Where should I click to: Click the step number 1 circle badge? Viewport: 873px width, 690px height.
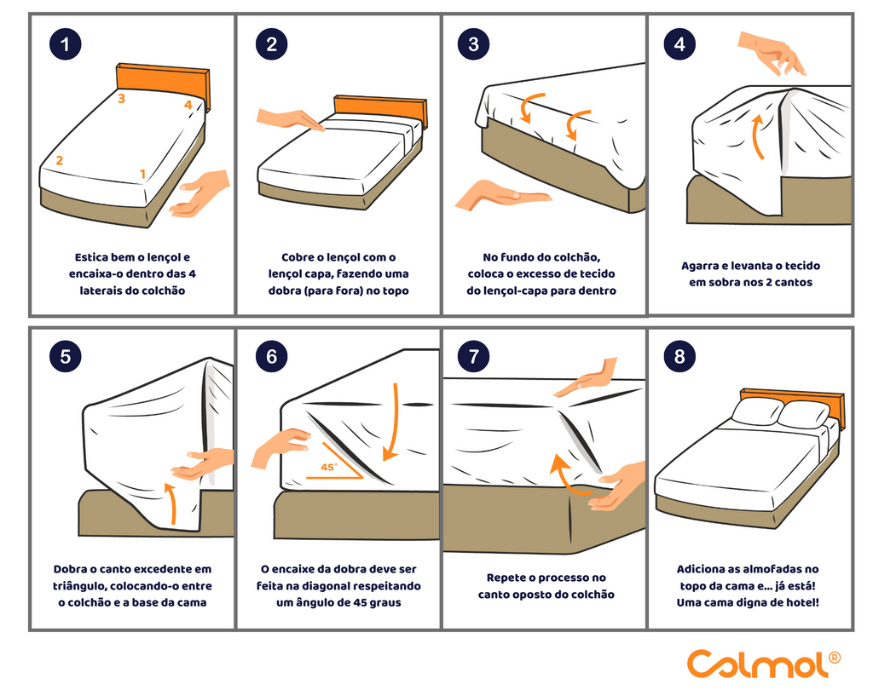pos(65,44)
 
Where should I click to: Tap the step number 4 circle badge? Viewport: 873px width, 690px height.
pos(679,44)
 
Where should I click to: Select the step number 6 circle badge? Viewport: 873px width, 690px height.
pos(271,356)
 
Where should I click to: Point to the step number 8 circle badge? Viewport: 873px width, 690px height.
pos(679,356)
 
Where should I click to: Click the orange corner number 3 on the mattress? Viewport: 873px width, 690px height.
pos(121,99)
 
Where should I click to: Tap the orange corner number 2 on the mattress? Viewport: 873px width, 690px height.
pos(59,160)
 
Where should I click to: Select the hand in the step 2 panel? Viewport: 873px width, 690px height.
pos(291,119)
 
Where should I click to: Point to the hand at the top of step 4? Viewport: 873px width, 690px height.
pos(772,52)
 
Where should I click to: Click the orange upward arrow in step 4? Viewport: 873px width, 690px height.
pos(757,137)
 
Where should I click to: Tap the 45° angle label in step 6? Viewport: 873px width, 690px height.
pos(329,467)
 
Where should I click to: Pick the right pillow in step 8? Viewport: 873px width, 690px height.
pos(804,415)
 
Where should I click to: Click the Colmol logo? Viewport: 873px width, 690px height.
pos(763,664)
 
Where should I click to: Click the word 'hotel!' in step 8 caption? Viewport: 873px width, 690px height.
pos(802,602)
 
